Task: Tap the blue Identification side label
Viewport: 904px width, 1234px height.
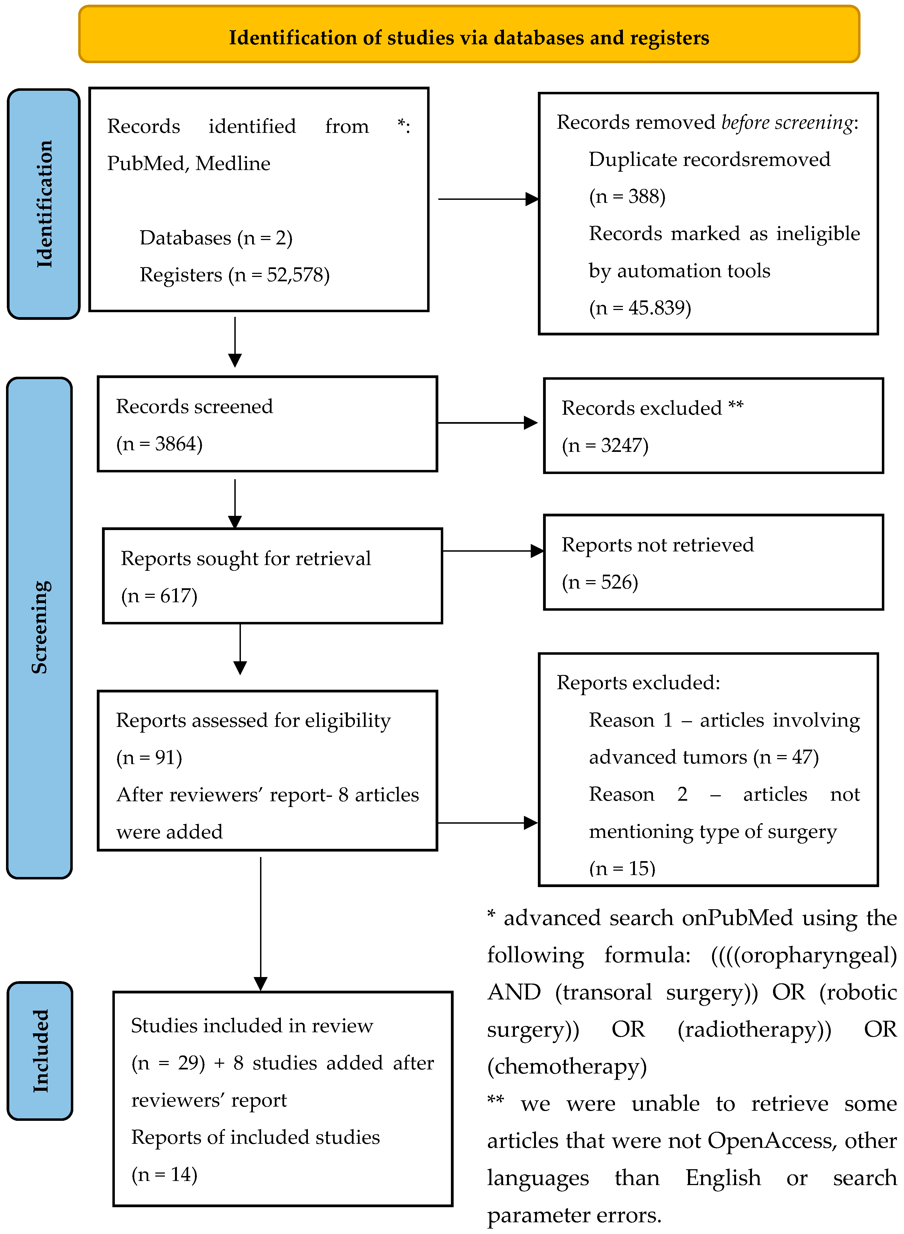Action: coord(44,203)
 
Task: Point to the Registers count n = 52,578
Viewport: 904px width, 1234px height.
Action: coord(279,274)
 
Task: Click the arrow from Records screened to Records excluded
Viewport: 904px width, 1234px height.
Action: coord(487,423)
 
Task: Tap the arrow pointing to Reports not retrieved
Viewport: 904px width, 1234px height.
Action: coord(492,551)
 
